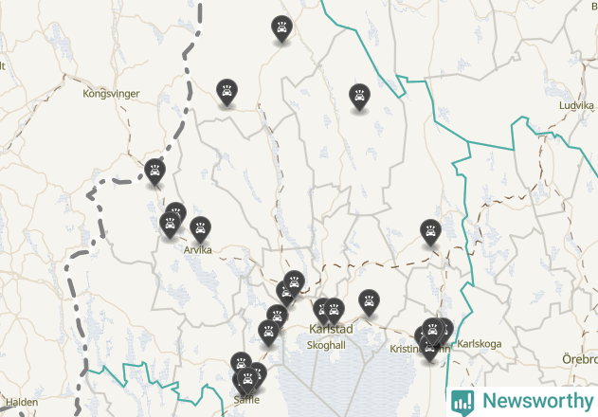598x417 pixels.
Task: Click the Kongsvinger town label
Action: tap(111, 94)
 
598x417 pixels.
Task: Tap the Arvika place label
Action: tap(197, 250)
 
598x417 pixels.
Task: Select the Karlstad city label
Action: tap(331, 330)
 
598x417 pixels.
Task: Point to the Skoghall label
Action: tap(326, 345)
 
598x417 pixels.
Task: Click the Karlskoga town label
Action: tap(479, 344)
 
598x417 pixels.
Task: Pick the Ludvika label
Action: tap(575, 106)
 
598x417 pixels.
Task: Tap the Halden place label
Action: tap(22, 402)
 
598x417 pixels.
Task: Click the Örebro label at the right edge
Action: tap(580, 360)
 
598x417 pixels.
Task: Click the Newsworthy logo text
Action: tap(535, 401)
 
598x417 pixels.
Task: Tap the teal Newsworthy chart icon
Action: tap(463, 401)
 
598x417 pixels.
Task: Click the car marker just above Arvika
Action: tap(200, 228)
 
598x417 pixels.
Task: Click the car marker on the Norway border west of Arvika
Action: tap(155, 172)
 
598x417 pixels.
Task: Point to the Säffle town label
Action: tap(246, 400)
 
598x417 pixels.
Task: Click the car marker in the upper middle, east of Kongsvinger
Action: tap(227, 91)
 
